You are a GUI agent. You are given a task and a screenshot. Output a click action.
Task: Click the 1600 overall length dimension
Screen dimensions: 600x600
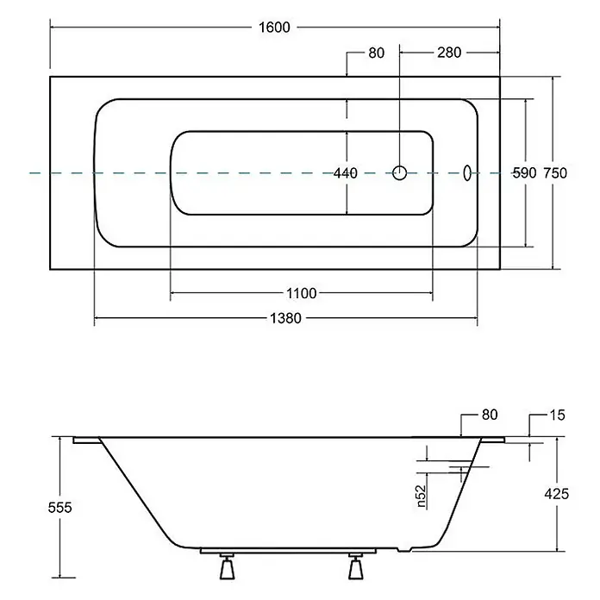274,28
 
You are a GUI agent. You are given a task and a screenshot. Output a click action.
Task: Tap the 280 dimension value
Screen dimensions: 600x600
449,53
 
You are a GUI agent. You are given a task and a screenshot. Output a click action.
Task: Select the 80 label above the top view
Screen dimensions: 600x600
377,53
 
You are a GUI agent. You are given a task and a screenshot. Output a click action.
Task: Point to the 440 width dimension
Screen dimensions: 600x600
346,173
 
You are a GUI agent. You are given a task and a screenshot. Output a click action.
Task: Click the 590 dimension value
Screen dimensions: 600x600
525,173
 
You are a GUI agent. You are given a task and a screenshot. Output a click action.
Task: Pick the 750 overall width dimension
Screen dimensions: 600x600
555,173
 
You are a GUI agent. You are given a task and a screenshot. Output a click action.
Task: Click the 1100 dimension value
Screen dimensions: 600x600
302,293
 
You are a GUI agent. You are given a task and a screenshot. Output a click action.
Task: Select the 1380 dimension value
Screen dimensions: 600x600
286,318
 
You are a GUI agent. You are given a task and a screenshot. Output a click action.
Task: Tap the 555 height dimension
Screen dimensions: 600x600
60,508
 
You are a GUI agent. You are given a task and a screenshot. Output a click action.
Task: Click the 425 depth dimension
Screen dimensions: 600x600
557,494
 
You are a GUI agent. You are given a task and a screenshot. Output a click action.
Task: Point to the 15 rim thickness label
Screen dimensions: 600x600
557,416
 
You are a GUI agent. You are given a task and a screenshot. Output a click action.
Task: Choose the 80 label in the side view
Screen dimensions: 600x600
490,415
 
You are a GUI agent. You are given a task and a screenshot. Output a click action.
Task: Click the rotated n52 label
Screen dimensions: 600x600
421,497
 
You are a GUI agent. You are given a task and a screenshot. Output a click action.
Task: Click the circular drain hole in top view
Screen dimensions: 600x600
399,173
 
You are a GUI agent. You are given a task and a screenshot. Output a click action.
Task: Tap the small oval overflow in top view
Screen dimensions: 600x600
467,173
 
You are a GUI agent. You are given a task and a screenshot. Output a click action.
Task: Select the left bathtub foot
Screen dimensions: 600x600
228,566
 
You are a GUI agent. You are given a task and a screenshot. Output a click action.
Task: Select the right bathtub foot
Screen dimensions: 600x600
355,566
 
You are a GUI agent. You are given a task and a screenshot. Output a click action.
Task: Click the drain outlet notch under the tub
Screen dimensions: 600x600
404,549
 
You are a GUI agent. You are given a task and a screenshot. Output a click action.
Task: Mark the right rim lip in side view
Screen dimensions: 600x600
492,440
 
